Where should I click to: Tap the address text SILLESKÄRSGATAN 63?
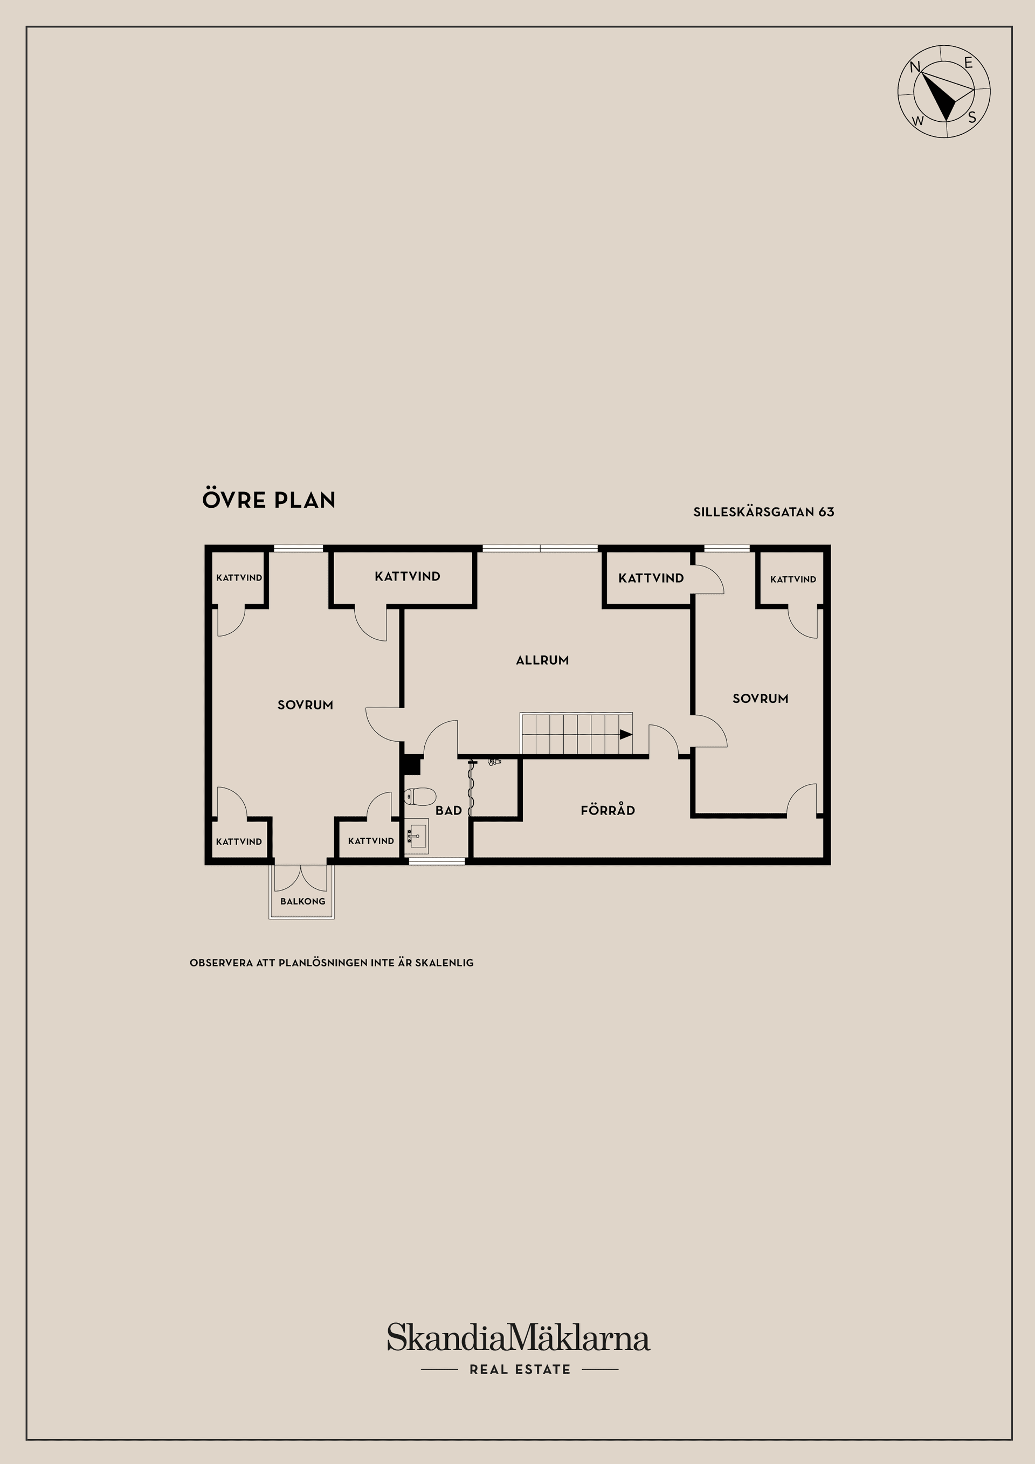pyautogui.click(x=763, y=512)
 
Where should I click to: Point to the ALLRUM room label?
pyautogui.click(x=542, y=660)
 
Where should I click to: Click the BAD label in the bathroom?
pyautogui.click(x=448, y=811)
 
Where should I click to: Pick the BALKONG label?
pyautogui.click(x=302, y=901)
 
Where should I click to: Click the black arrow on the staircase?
pyautogui.click(x=626, y=735)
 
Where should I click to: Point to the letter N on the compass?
pyautogui.click(x=914, y=67)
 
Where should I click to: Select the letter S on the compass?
pyautogui.click(x=972, y=118)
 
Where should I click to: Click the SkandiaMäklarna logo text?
pyautogui.click(x=519, y=1338)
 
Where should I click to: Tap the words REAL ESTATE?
pyautogui.click(x=520, y=1370)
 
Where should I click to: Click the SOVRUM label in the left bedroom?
pyautogui.click(x=305, y=705)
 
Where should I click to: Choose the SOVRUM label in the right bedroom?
pyautogui.click(x=760, y=698)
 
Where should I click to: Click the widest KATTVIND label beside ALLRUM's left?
pyautogui.click(x=408, y=576)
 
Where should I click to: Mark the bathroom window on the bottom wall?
pyautogui.click(x=437, y=861)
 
